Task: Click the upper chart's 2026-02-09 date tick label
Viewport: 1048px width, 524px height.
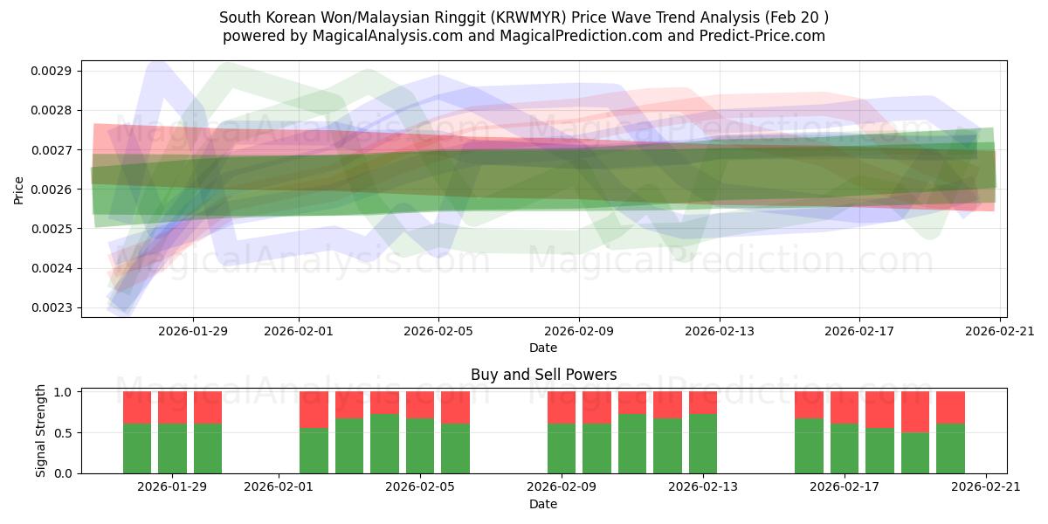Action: point(578,331)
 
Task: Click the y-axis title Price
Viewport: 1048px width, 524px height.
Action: point(19,190)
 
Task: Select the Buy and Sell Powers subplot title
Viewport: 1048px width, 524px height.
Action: point(543,375)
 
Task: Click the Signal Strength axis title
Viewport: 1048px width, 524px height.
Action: point(40,431)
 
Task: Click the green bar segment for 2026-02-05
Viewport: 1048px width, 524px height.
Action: point(420,445)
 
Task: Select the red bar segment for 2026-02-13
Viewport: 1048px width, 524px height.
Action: point(703,403)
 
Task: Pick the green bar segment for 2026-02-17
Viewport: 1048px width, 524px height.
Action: point(845,448)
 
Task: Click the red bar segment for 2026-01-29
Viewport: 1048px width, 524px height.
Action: point(172,407)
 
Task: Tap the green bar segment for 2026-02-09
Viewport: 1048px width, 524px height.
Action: point(562,448)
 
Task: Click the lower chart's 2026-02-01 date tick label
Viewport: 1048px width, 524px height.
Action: point(279,487)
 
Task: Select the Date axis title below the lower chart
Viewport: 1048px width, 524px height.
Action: point(543,504)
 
